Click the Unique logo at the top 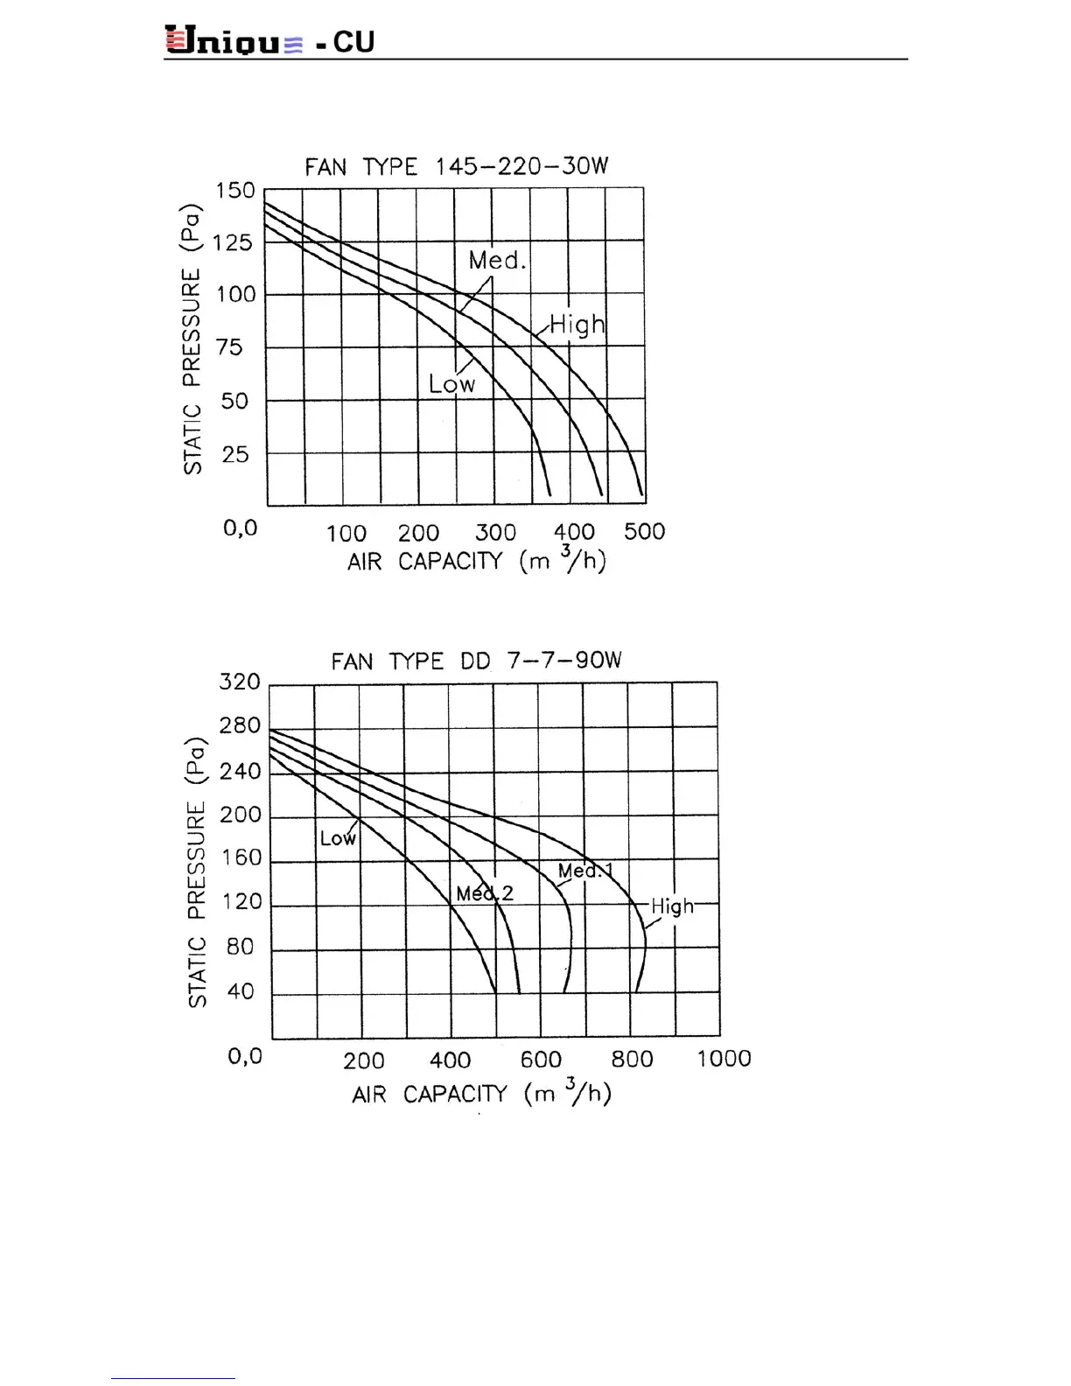pos(234,41)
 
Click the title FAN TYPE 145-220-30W pos(456,166)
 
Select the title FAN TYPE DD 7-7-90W pos(476,661)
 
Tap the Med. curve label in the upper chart pos(497,260)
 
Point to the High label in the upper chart pos(577,325)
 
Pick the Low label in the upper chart pos(451,383)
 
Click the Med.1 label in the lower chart pos(585,871)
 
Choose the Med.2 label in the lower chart pos(485,893)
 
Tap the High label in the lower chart pos(672,906)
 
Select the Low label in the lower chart pos(338,838)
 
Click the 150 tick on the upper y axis pos(235,191)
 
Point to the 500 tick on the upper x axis pos(644,532)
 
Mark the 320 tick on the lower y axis pos(240,682)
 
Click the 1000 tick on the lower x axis pos(724,1059)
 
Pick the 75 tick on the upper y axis pos(229,347)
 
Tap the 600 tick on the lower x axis pos(541,1060)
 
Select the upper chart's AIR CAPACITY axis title pos(476,560)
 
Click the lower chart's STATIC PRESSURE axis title pos(197,871)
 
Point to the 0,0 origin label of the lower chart pos(245,1056)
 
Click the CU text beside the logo pos(353,42)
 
